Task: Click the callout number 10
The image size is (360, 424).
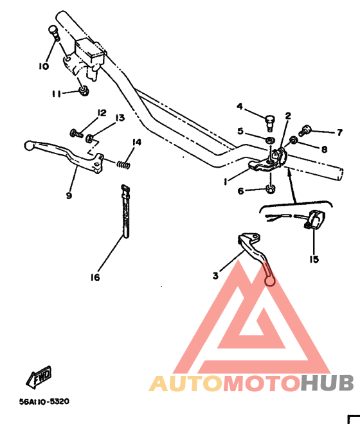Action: pyautogui.click(x=44, y=66)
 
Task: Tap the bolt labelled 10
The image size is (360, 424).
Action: pyautogui.click(x=54, y=33)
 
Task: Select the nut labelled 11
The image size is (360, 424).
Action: pyautogui.click(x=84, y=91)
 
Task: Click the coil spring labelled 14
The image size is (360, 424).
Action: pyautogui.click(x=123, y=164)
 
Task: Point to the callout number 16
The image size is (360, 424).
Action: pyautogui.click(x=95, y=277)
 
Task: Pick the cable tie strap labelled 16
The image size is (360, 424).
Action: pyautogui.click(x=125, y=211)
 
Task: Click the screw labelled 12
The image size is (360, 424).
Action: pyautogui.click(x=76, y=134)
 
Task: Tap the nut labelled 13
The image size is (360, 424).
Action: pyautogui.click(x=90, y=138)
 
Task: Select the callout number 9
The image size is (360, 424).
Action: pyautogui.click(x=69, y=195)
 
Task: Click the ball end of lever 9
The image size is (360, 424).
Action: pyautogui.click(x=28, y=145)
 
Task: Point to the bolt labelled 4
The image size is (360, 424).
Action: pyautogui.click(x=269, y=123)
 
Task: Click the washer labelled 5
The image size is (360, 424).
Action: pyautogui.click(x=270, y=140)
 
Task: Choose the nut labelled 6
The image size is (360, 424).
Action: pyautogui.click(x=271, y=189)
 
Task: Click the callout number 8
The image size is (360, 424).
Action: pyautogui.click(x=324, y=149)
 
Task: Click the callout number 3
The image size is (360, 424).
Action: pyautogui.click(x=215, y=276)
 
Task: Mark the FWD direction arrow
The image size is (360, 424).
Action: pyautogui.click(x=39, y=377)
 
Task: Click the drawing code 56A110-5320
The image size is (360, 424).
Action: pyautogui.click(x=44, y=402)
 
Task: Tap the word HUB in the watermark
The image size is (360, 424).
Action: pyautogui.click(x=327, y=383)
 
